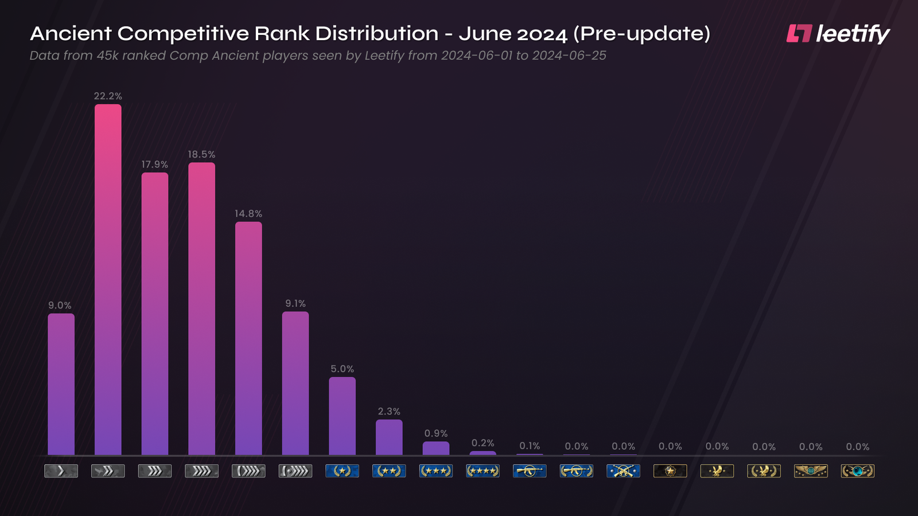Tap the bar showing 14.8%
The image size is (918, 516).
click(248, 338)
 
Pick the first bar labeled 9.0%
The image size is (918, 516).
click(61, 384)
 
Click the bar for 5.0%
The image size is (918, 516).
click(342, 416)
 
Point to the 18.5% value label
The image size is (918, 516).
click(201, 154)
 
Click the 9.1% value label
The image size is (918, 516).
click(295, 303)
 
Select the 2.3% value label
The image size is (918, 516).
click(389, 411)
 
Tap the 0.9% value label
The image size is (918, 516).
click(436, 433)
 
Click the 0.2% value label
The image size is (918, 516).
click(483, 443)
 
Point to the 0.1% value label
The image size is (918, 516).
click(530, 445)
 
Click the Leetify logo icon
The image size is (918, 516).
click(799, 33)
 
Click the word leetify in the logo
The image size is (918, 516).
click(853, 34)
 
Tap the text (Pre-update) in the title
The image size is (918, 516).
click(641, 34)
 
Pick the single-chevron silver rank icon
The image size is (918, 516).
click(61, 471)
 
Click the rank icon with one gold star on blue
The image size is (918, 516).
click(342, 471)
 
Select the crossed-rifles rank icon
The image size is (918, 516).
click(623, 471)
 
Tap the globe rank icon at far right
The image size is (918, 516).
click(857, 471)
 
